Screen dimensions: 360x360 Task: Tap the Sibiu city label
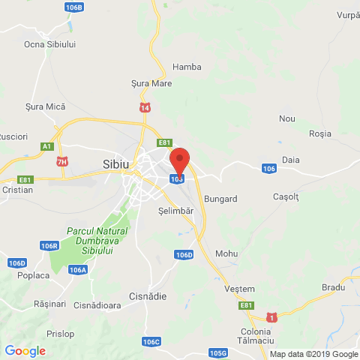point(116,163)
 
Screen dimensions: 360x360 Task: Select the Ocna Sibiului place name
point(50,44)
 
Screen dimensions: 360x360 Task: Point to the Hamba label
point(187,66)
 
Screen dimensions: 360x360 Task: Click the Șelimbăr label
point(176,211)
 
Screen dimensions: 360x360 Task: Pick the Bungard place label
point(220,199)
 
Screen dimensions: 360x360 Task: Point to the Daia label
point(291,160)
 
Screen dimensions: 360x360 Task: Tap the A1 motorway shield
point(47,146)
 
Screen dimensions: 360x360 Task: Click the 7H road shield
point(62,161)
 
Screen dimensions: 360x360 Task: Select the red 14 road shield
point(143,109)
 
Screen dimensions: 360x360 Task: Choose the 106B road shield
point(74,7)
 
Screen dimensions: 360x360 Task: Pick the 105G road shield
point(218,352)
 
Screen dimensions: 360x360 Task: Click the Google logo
point(25,350)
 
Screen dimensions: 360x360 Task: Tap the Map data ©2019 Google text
point(313,354)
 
